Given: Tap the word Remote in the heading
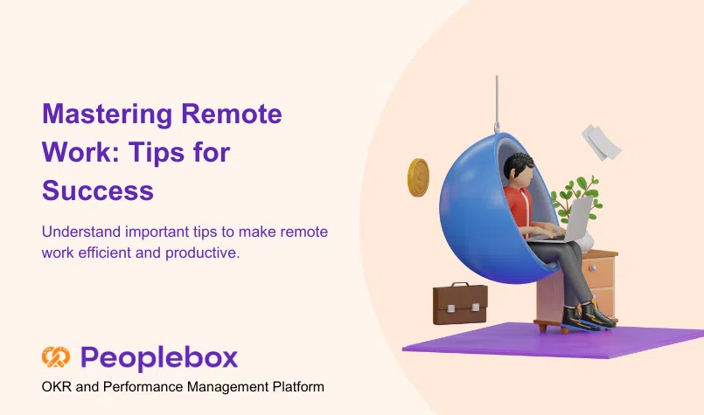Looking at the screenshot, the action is [x=231, y=114].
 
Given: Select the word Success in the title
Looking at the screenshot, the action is [x=98, y=190].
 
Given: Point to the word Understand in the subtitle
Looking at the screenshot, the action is [x=81, y=232].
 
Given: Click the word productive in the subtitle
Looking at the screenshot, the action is [x=203, y=253].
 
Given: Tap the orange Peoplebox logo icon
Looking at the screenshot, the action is [x=56, y=357].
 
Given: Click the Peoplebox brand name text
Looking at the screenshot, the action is [x=159, y=358].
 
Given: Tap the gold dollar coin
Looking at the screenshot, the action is [x=418, y=177].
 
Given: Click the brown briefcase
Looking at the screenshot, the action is [x=460, y=303].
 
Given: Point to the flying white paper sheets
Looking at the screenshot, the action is [x=601, y=142].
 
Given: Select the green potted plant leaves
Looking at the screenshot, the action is [x=577, y=197].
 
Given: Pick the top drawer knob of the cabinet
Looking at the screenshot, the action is [x=593, y=268].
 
